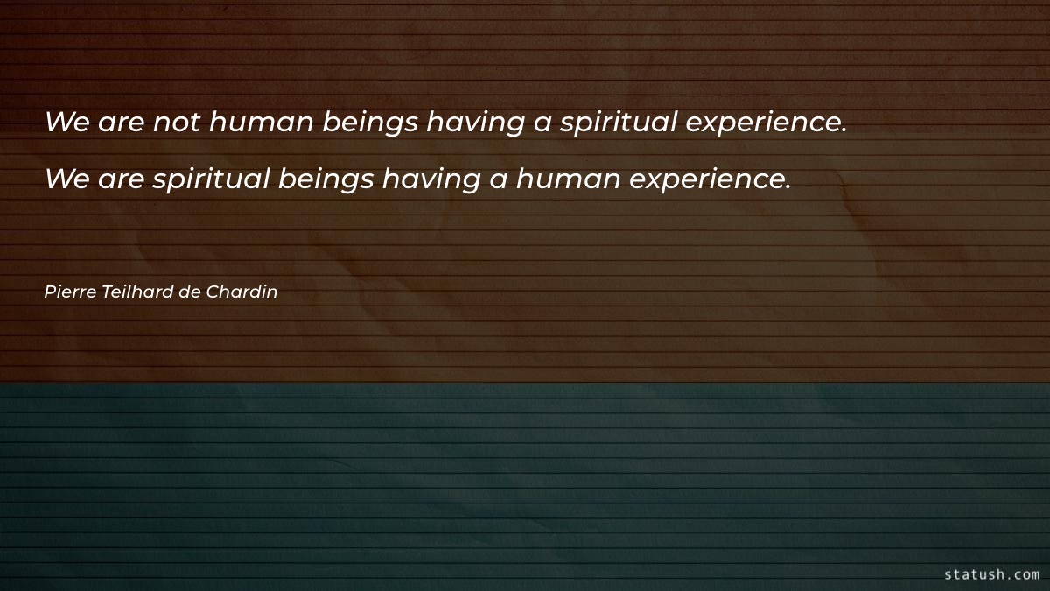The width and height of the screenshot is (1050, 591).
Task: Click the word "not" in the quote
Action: tap(178, 122)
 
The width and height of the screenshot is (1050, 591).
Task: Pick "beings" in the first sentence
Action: tap(370, 123)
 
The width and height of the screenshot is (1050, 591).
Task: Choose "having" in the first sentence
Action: tap(475, 123)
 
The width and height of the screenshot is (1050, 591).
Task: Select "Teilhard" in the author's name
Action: tap(136, 292)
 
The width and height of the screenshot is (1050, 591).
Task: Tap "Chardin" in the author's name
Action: tap(241, 292)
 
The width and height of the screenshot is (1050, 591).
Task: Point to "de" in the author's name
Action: tap(190, 292)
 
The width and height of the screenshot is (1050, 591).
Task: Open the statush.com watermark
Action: tap(991, 574)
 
